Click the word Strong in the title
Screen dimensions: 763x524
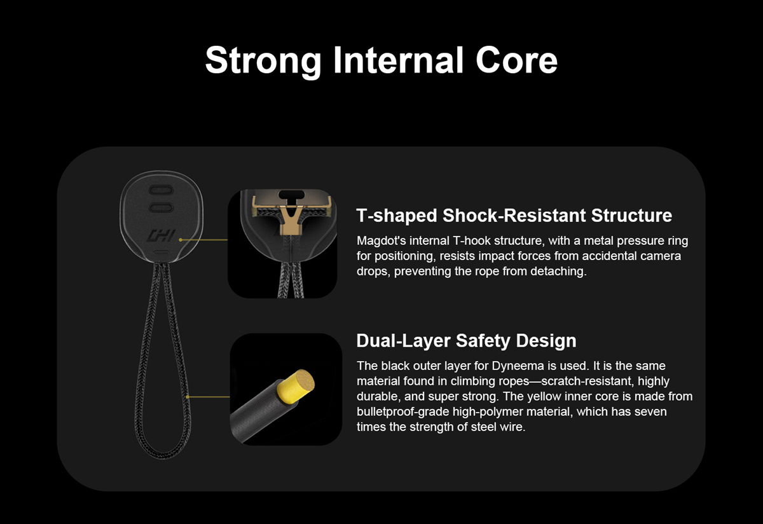(263, 60)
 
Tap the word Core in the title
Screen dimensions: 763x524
(516, 60)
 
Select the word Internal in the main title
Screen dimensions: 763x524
(398, 60)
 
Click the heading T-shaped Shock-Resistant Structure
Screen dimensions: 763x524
(514, 216)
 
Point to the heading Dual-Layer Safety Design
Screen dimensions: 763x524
(466, 340)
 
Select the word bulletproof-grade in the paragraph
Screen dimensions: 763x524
(403, 412)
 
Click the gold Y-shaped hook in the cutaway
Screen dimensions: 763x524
(290, 218)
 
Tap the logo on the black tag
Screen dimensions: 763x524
(161, 236)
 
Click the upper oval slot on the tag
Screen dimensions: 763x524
(161, 190)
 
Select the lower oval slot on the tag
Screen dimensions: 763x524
(161, 207)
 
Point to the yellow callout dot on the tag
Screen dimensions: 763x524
(181, 240)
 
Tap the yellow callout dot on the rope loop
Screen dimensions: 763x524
(188, 397)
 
